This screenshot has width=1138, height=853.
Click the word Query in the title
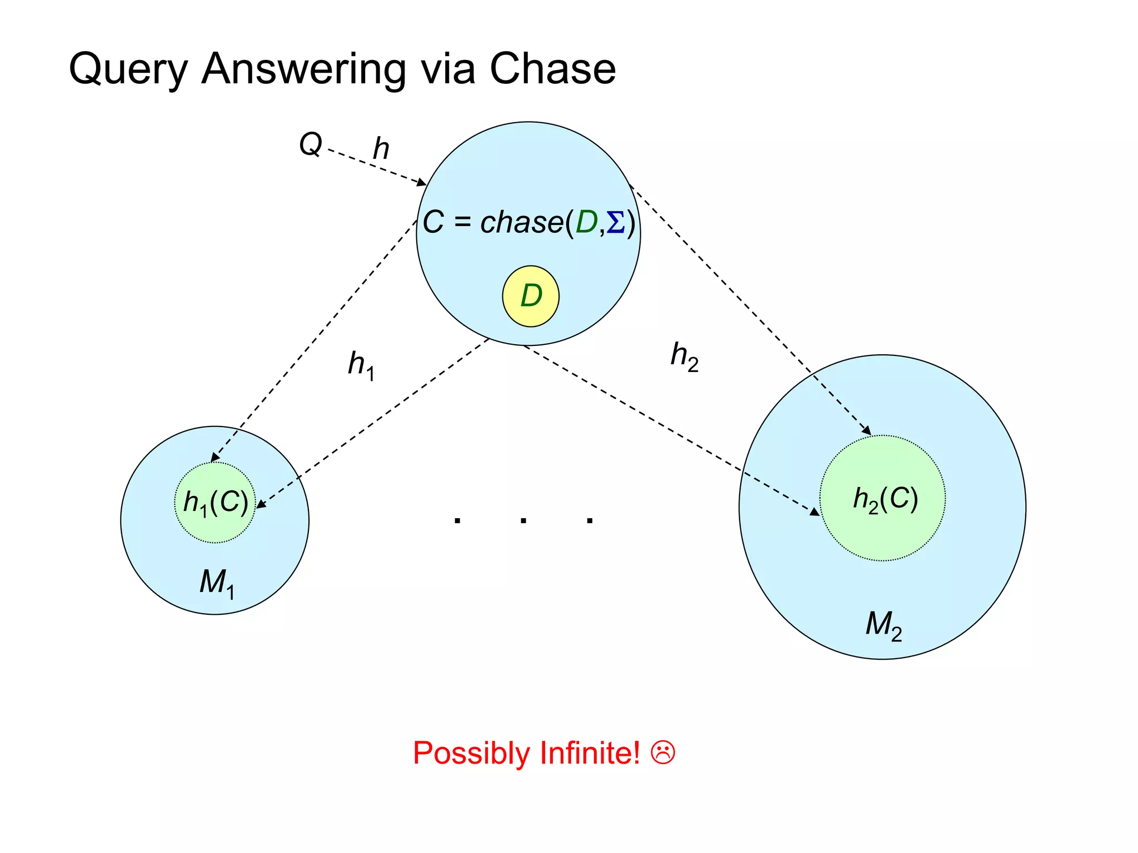click(128, 69)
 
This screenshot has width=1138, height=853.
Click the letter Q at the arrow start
click(310, 144)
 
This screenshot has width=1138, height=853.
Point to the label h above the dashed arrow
click(381, 148)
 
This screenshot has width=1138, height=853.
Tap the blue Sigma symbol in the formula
click(616, 223)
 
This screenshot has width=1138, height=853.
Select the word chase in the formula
click(521, 223)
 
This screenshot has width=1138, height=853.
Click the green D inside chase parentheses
click(586, 223)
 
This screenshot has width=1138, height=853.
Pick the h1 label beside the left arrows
click(361, 365)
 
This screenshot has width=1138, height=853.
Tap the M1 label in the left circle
click(217, 583)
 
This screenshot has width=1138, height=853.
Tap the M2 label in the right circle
click(884, 625)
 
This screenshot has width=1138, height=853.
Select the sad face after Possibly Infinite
click(663, 753)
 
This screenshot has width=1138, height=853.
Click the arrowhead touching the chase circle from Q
click(422, 182)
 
